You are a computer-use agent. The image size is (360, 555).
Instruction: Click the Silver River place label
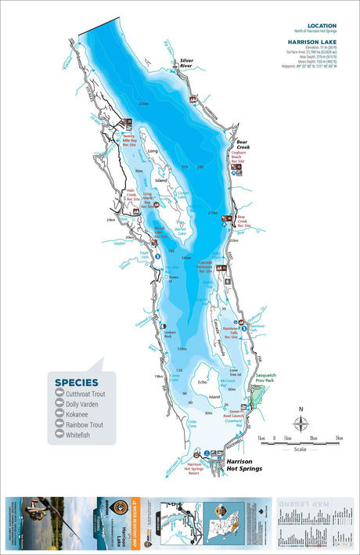coord(186,63)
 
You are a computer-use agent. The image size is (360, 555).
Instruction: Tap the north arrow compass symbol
coord(301,420)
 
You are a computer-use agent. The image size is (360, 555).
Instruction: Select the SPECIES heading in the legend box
coord(76,383)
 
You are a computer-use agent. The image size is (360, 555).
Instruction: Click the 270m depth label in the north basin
coord(143,103)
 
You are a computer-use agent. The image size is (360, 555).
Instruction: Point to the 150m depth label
coord(182,349)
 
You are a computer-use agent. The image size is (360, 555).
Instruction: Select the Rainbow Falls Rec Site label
coord(230,333)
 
